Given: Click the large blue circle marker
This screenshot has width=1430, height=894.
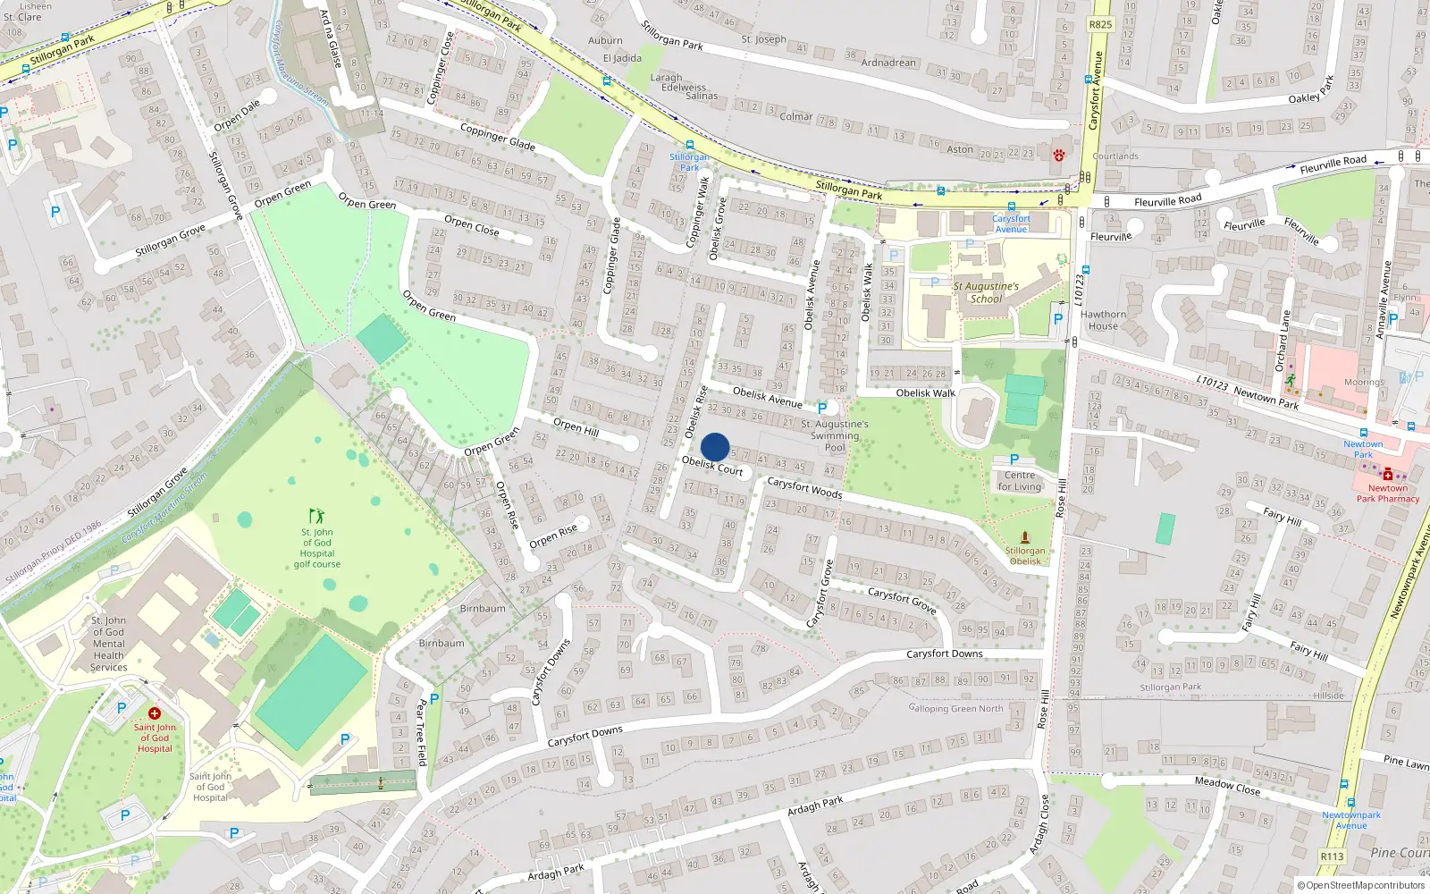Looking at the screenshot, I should pyautogui.click(x=715, y=447).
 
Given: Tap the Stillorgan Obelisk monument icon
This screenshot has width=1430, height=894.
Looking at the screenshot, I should pyautogui.click(x=1025, y=537).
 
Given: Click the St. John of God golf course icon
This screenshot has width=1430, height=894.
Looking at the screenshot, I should pyautogui.click(x=316, y=516).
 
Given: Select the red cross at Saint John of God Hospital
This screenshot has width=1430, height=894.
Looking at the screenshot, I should pyautogui.click(x=155, y=713).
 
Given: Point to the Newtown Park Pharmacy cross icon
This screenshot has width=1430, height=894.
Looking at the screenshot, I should pyautogui.click(x=1387, y=475).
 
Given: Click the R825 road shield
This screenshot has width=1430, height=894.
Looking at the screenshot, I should pyautogui.click(x=1100, y=24).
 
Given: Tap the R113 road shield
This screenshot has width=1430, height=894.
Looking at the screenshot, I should pyautogui.click(x=1332, y=856).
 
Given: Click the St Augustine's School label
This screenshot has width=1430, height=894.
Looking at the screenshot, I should pyautogui.click(x=986, y=292).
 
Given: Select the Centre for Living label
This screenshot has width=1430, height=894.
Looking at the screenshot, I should pyautogui.click(x=1020, y=481).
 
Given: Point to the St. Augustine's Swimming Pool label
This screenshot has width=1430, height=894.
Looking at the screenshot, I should pyautogui.click(x=835, y=435).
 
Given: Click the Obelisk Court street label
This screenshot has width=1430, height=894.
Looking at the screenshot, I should pyautogui.click(x=712, y=466).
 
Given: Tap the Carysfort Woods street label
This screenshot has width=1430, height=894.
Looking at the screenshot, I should pyautogui.click(x=804, y=487).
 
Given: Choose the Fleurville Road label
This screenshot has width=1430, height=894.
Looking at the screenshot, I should pyautogui.click(x=1167, y=200).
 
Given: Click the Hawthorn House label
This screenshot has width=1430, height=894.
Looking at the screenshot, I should pyautogui.click(x=1103, y=320).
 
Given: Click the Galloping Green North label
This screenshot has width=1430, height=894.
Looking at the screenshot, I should pyautogui.click(x=955, y=709).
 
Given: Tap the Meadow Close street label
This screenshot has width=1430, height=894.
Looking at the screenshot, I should pyautogui.click(x=1227, y=786).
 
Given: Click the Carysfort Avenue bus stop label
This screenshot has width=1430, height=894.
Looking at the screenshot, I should pyautogui.click(x=1011, y=223).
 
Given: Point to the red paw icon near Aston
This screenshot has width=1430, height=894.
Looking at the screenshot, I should pyautogui.click(x=1059, y=155).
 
